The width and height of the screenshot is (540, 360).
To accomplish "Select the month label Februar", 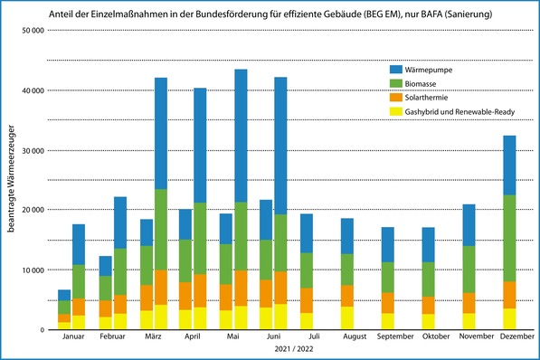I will click(x=113, y=336).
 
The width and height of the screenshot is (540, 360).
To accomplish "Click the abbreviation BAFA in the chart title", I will click(x=406, y=14).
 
